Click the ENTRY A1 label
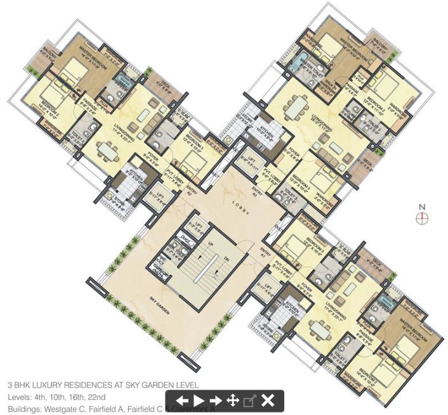click(x=264, y=253)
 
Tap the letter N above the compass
click(x=422, y=207)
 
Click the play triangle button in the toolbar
click(x=199, y=400)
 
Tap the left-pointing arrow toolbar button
click(x=182, y=400)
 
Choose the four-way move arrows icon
click(x=233, y=400)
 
